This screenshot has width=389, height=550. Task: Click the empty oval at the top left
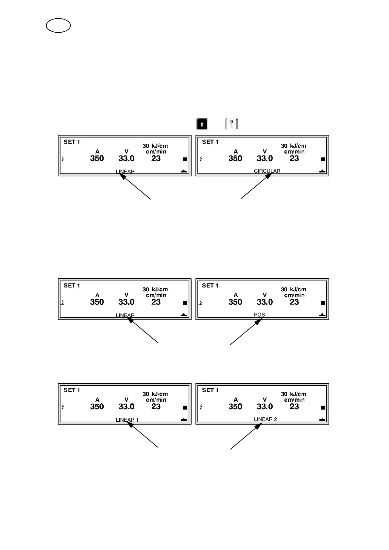click(x=58, y=26)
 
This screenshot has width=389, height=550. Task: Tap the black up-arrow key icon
click(x=202, y=124)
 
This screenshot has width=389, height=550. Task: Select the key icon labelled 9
click(x=231, y=124)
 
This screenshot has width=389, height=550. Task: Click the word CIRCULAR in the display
click(x=267, y=171)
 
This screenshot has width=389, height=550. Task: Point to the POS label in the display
click(x=259, y=315)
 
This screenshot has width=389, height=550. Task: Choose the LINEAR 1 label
click(x=127, y=420)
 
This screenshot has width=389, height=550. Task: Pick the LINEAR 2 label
click(x=265, y=419)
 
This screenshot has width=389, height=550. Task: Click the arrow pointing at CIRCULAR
click(x=256, y=186)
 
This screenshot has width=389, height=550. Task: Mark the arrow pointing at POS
click(x=246, y=332)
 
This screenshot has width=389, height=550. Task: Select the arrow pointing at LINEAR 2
click(x=246, y=436)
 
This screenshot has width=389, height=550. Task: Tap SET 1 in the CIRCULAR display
click(x=210, y=142)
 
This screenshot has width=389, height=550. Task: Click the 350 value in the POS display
click(x=235, y=302)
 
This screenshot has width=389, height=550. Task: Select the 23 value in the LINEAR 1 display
click(x=156, y=406)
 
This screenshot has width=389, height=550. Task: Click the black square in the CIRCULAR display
click(x=323, y=159)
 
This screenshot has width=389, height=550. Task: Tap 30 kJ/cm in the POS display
click(x=293, y=289)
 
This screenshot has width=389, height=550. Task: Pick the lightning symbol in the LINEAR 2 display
click(x=201, y=407)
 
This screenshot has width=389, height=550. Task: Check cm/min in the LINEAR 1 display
click(x=156, y=400)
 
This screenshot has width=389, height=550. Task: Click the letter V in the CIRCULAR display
click(x=264, y=152)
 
